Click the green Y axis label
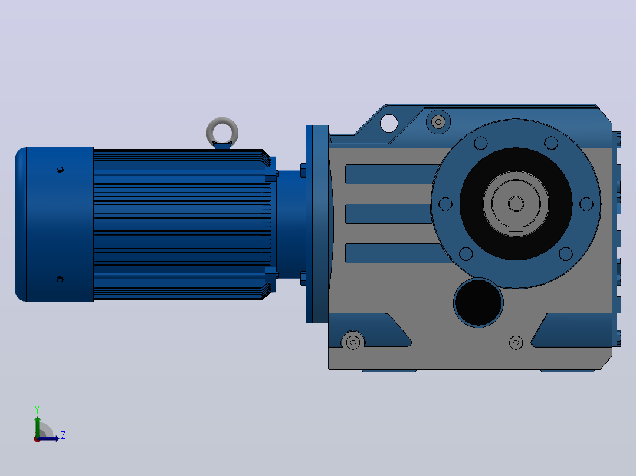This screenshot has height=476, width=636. (37, 409)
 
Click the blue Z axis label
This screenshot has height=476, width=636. (63, 435)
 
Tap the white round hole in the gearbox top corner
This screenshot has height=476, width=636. (389, 123)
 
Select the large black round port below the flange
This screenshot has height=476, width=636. (478, 302)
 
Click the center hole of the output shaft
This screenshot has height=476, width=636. (516, 204)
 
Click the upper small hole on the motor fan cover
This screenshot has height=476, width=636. (60, 169)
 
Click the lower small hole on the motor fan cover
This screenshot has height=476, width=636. (60, 279)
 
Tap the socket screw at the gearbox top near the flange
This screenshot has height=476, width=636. (438, 121)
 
